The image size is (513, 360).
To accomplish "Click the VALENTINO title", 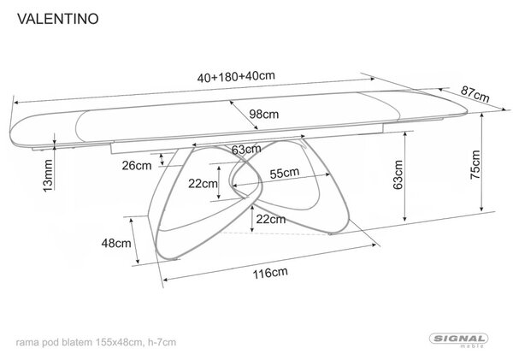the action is tap(58, 19).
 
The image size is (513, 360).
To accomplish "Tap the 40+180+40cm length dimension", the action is tap(236, 77).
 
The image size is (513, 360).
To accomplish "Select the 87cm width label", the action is tap(475, 94).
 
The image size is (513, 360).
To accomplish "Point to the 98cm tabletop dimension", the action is tap(264, 115).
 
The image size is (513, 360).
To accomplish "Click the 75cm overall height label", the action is tap(475, 165).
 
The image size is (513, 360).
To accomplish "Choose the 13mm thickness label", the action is tap(48, 176).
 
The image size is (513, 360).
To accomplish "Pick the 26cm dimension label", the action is tap(137, 166).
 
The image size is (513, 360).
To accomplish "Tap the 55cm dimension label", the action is tap(285, 173).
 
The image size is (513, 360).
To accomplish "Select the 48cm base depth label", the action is tap(116, 243).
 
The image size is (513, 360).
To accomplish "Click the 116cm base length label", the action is tap(270, 273).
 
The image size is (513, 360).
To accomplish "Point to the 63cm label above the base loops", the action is tap(246, 150).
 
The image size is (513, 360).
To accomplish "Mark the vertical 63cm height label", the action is tap(398, 174).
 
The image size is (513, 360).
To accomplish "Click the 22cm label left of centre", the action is tap(203, 184).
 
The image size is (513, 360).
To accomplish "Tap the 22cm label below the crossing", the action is tap(271, 219).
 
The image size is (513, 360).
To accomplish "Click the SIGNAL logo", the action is tap(458, 339).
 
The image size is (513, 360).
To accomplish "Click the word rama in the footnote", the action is tap(25, 343).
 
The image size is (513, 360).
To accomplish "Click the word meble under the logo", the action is tap(472, 346).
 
